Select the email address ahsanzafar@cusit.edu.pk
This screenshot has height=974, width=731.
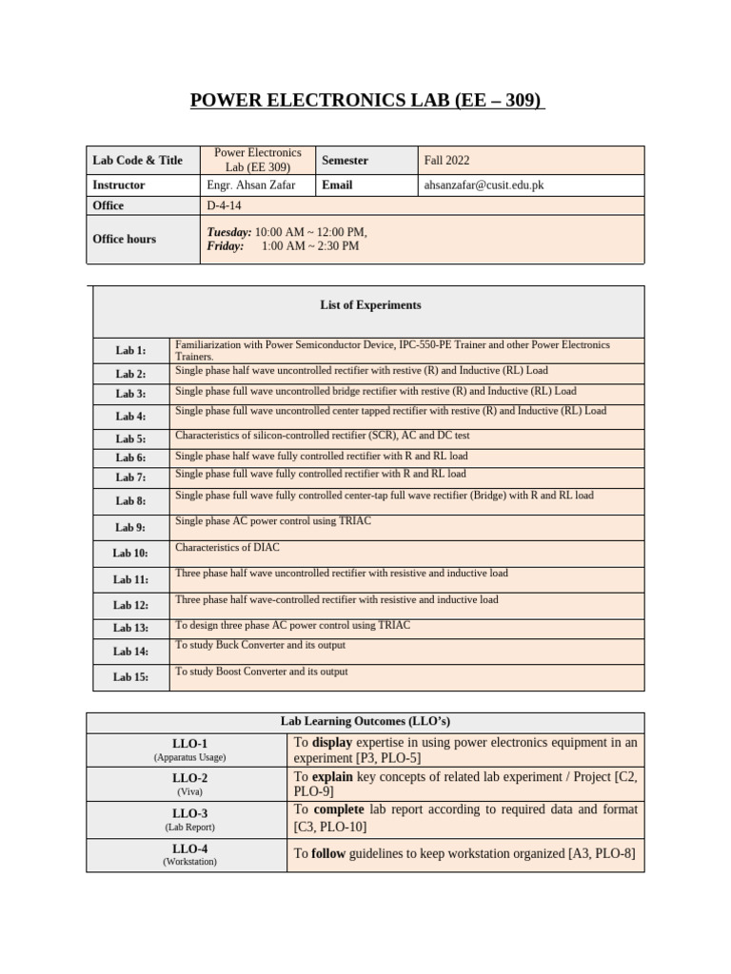coord(484,185)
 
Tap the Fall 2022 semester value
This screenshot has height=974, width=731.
coord(446,161)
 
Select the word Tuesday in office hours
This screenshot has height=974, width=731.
coord(228,232)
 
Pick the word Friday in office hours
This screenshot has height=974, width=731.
coord(225,246)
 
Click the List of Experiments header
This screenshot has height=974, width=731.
coord(370,305)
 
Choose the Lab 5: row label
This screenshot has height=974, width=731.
coord(130,439)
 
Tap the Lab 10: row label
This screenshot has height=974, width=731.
coord(130,553)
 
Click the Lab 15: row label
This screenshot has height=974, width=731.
coord(130,677)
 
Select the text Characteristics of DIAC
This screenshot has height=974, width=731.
coord(227,548)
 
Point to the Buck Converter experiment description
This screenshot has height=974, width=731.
coord(260,645)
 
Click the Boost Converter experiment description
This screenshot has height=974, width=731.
coord(262,672)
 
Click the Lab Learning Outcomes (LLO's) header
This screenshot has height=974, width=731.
coord(365,722)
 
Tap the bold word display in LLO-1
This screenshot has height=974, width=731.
coord(332,743)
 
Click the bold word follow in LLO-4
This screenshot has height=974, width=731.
coord(329,854)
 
